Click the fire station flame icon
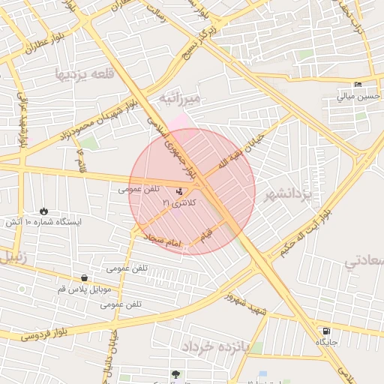coord(43,211)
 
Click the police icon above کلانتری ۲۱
coord(178,191)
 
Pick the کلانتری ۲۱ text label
coord(178,203)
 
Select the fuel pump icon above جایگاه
coord(325,331)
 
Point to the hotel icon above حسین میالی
coord(358,84)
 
